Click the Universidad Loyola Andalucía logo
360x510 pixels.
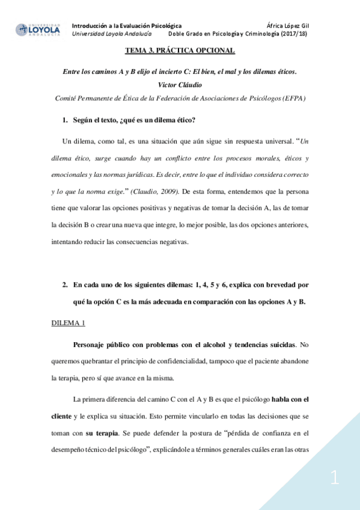point(38,29)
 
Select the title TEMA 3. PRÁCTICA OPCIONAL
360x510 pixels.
point(180,51)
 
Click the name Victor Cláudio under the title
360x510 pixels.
point(179,85)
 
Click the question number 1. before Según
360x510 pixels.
point(66,120)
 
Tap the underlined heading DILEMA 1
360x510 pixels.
point(68,323)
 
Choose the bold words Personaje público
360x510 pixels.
point(102,345)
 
